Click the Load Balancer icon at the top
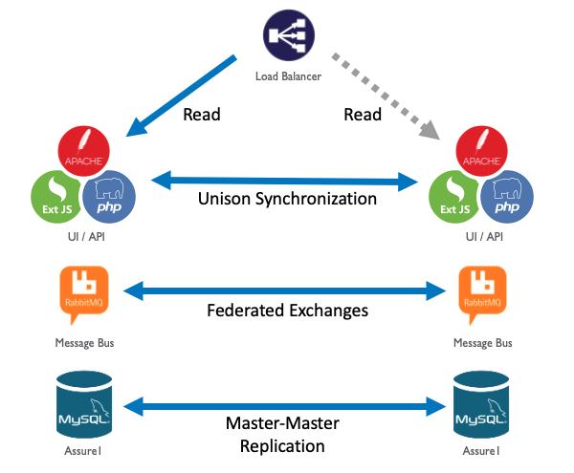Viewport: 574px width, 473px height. coord(288,38)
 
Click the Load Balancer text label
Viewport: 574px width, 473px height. coord(287,77)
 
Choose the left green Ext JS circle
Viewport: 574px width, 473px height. coord(59,197)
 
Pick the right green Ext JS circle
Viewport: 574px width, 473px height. coord(454,197)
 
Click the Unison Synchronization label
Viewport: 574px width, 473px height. coord(287,200)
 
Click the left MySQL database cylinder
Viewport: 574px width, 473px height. coord(84,404)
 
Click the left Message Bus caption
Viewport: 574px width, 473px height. coord(84,341)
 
